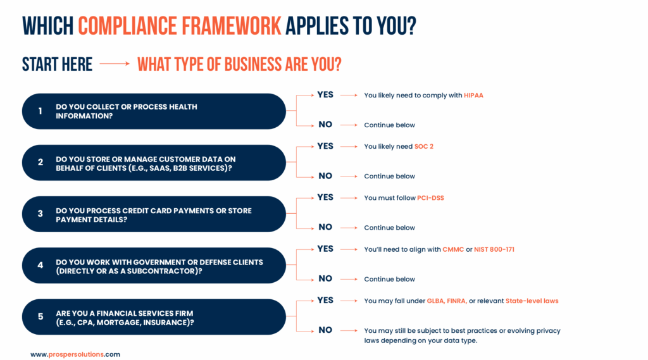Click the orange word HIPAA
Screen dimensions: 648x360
coord(473,96)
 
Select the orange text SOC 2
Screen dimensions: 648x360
coord(423,147)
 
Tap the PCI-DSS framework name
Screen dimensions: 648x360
coord(430,198)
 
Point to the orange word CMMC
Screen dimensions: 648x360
coord(453,250)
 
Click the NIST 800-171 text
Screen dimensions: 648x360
coord(494,250)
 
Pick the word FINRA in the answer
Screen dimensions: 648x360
coord(457,301)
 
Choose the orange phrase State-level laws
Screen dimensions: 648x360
coord(532,301)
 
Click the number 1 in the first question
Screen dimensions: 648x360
coord(40,111)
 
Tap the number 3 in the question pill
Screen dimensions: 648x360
coord(40,214)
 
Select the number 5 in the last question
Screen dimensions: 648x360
coord(40,316)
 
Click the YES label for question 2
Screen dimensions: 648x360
coord(325,146)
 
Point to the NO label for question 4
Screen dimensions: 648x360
coord(325,278)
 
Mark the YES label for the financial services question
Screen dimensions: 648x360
coord(325,301)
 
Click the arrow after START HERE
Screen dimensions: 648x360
coord(115,64)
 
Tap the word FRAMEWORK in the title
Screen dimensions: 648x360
coord(232,26)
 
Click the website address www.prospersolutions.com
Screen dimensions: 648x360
coord(75,355)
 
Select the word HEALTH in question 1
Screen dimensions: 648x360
coord(183,107)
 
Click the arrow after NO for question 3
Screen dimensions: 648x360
coord(349,228)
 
